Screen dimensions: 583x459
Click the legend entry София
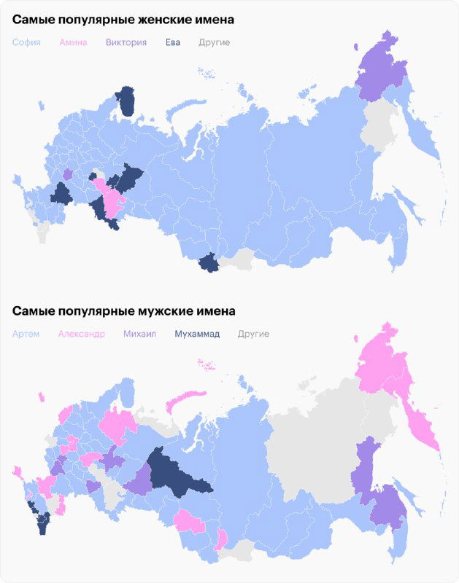[26, 42]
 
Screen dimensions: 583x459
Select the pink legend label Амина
[73, 42]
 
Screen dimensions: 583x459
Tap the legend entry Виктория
[126, 42]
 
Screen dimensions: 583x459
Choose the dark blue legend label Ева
[172, 42]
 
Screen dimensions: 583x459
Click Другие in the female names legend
[214, 42]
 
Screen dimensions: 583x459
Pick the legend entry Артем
[27, 334]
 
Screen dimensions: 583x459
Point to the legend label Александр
[80, 334]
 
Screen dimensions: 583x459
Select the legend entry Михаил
[140, 334]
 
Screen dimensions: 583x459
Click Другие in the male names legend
[253, 334]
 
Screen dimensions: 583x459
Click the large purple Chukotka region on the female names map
[381, 69]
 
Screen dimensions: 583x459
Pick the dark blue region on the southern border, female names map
[209, 262]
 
